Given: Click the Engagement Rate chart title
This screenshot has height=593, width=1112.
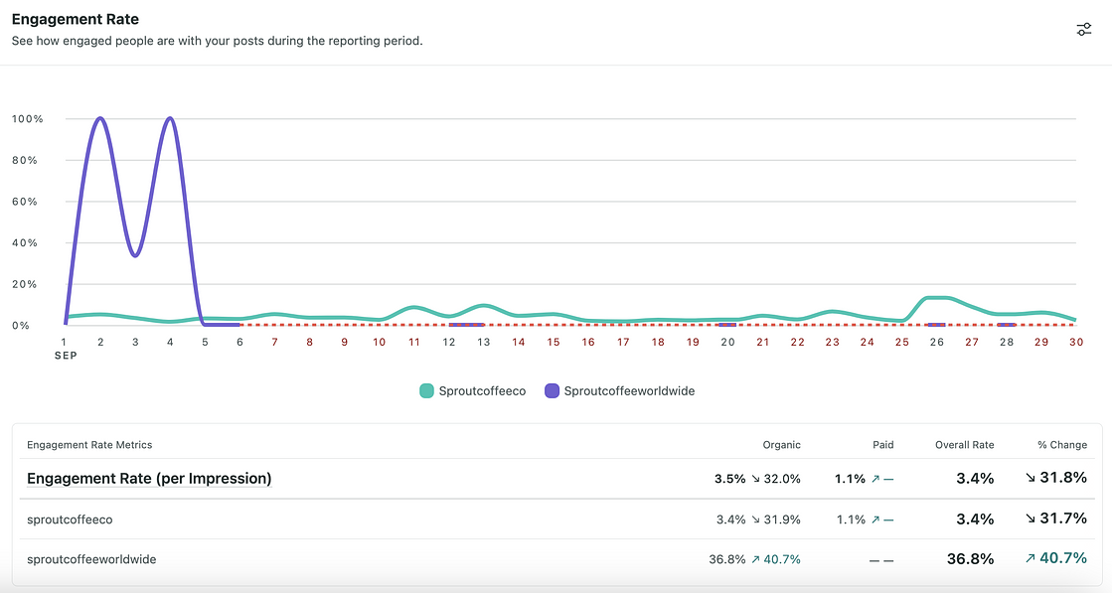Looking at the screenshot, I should pyautogui.click(x=76, y=19).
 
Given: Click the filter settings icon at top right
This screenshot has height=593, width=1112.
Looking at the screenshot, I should pyautogui.click(x=1084, y=30).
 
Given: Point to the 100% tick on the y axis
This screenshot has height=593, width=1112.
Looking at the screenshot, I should pyautogui.click(x=27, y=119).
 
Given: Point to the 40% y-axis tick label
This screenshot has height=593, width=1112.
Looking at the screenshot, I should pyautogui.click(x=27, y=243).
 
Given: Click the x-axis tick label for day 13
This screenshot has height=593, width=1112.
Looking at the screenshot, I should pyautogui.click(x=483, y=342).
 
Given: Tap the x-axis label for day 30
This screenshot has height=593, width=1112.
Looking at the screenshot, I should pyautogui.click(x=1075, y=342).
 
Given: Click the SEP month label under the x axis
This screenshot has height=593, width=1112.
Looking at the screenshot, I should pyautogui.click(x=66, y=355).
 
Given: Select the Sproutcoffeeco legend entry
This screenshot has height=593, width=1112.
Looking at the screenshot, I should pyautogui.click(x=472, y=391).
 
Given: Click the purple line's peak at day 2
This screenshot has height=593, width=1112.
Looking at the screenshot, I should pyautogui.click(x=100, y=118).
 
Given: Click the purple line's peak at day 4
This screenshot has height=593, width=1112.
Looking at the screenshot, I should pyautogui.click(x=170, y=118).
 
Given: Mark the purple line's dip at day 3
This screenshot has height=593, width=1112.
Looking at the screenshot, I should pyautogui.click(x=135, y=255).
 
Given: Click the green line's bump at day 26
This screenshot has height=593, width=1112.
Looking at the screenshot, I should pyautogui.click(x=936, y=297).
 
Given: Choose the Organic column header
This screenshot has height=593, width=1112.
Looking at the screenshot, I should pyautogui.click(x=781, y=445).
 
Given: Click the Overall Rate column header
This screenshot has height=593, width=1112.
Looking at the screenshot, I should pyautogui.click(x=964, y=445).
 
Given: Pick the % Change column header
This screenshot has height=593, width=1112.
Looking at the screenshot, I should pyautogui.click(x=1061, y=445).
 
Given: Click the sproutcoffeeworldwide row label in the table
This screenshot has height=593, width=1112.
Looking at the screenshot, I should pyautogui.click(x=91, y=559).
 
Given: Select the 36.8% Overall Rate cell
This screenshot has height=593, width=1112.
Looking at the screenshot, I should pyautogui.click(x=970, y=559).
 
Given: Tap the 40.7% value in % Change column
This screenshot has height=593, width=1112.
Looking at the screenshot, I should pyautogui.click(x=1062, y=559).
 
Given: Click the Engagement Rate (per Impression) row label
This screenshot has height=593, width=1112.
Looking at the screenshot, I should pyautogui.click(x=149, y=479).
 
